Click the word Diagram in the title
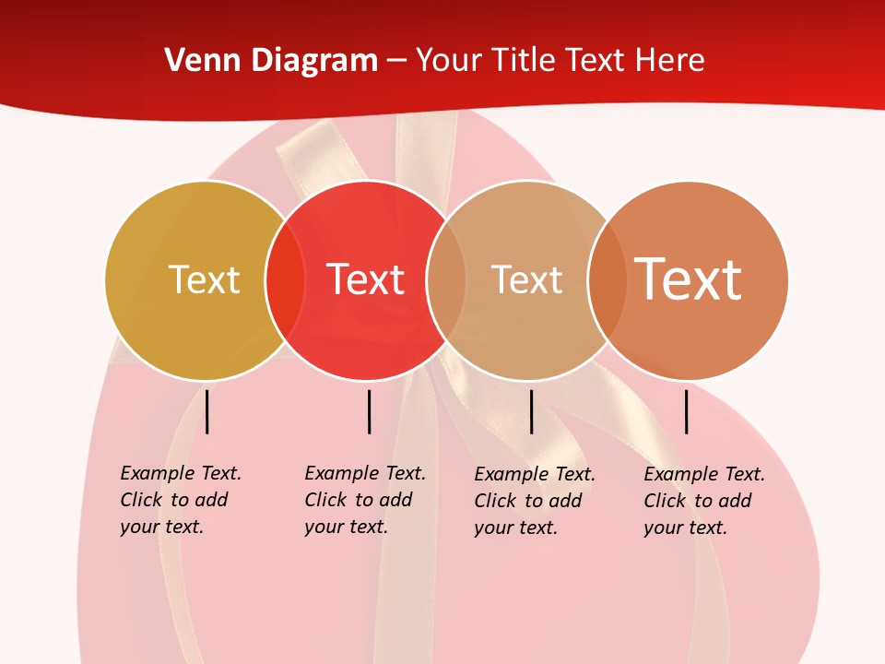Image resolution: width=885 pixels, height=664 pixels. [314, 61]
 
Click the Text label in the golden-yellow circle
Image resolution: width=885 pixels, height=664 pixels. [204, 279]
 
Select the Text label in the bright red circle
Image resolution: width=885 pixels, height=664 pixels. [366, 279]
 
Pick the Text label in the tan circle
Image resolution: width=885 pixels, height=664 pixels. [526, 279]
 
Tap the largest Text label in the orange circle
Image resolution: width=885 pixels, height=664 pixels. [688, 279]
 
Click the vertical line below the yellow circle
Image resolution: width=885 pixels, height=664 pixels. [207, 411]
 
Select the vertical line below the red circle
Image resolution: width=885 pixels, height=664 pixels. [369, 411]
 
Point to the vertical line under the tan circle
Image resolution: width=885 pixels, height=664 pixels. [531, 411]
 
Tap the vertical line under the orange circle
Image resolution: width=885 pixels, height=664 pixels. [687, 411]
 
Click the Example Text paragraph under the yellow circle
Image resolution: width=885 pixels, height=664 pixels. [181, 500]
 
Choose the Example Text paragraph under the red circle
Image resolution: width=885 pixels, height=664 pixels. [365, 500]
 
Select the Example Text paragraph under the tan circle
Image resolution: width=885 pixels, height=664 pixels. [535, 501]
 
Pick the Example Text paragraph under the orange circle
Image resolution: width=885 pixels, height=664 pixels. [704, 501]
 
